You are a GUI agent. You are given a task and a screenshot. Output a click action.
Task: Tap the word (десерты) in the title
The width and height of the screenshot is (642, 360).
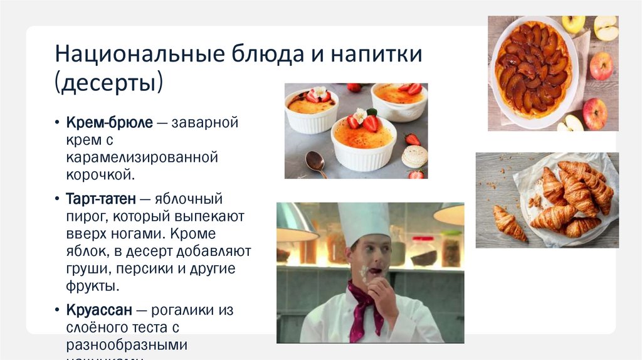click(x=109, y=82)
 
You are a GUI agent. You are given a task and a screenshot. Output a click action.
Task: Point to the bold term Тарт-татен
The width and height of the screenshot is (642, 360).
click(x=100, y=199)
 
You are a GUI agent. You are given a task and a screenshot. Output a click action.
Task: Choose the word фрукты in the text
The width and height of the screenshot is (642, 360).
click(x=91, y=286)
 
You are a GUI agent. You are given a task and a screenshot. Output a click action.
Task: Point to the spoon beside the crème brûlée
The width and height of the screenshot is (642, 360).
click(x=315, y=162)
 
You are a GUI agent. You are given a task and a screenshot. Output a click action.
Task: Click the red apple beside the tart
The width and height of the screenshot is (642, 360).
click(x=601, y=66)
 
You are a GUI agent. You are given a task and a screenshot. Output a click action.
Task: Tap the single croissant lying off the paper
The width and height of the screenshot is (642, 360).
click(x=509, y=223)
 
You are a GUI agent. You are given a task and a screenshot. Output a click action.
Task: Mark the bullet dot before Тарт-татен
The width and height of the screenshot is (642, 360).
click(x=57, y=200)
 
